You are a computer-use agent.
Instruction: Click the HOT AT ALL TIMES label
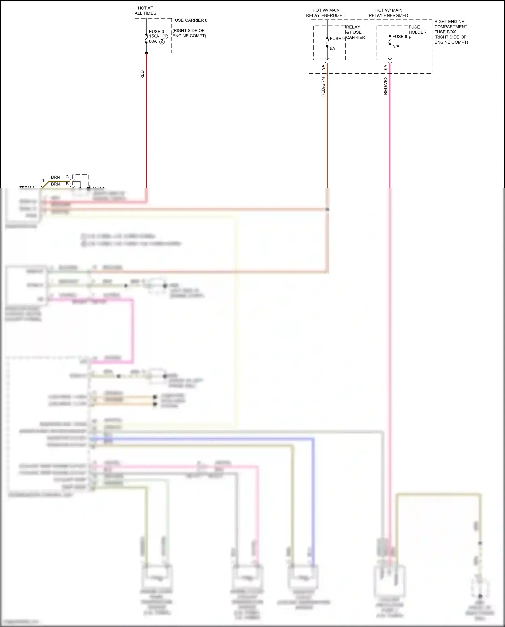145,11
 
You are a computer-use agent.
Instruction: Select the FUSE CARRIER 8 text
190,20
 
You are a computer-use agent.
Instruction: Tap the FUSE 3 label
157,32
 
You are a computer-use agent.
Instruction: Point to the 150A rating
154,36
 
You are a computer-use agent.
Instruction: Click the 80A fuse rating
153,41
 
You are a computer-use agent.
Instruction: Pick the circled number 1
165,36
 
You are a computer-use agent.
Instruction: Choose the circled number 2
162,42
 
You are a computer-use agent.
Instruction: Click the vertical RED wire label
142,75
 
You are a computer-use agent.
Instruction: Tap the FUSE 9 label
337,39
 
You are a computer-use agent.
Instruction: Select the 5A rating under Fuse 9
332,49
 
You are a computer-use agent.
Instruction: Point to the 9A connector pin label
323,67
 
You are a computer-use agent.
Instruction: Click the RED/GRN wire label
323,87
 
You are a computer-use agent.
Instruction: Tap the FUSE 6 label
400,37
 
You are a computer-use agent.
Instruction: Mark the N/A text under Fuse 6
396,46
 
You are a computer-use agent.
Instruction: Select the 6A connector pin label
386,67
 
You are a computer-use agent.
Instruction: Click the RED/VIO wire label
386,86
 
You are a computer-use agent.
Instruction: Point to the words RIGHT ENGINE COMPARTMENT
450,24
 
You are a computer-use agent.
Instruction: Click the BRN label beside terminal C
55,177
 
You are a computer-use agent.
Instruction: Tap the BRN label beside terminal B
55,184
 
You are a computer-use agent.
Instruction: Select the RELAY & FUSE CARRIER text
356,32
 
